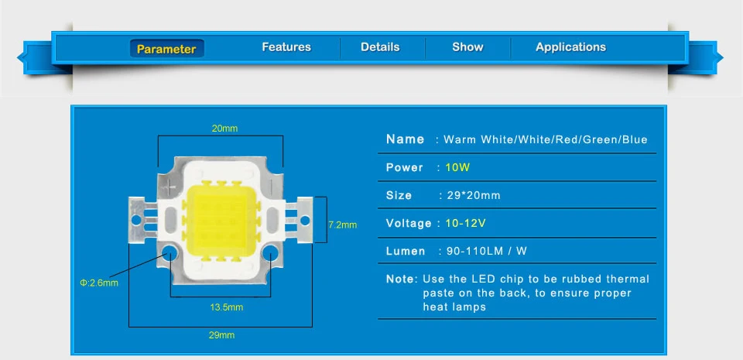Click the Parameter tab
[166, 49]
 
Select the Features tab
[286, 47]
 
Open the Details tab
[380, 47]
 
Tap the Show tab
[467, 47]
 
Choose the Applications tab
[570, 47]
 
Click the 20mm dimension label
[224, 129]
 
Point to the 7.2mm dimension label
[342, 225]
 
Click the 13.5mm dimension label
[226, 307]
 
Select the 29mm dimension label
[221, 335]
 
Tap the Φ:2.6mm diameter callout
[99, 283]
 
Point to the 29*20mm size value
[474, 195]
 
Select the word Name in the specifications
[405, 139]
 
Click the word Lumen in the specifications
[406, 251]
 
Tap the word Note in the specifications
[401, 279]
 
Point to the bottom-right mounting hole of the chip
[269, 253]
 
